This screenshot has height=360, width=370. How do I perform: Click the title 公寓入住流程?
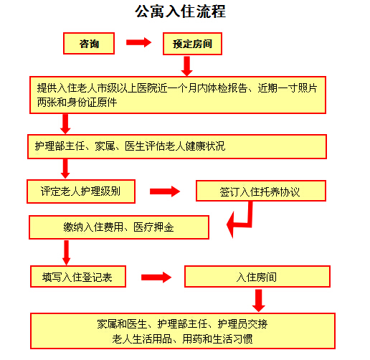coord(181,11)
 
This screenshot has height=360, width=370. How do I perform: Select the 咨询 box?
coord(89,44)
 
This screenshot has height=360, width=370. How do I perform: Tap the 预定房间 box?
coord(192,44)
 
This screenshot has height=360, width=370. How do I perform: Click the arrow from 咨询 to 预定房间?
coord(138,42)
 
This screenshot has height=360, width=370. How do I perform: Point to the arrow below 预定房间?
coord(186,66)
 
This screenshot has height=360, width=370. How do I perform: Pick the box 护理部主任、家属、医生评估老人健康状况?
coord(177,146)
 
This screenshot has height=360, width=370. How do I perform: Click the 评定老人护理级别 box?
coord(81,191)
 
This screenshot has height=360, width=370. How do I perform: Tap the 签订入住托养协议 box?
coord(261,191)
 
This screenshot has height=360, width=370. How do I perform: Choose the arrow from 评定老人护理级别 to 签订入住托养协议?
coord(165,191)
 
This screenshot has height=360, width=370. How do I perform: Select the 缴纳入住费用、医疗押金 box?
coord(119,227)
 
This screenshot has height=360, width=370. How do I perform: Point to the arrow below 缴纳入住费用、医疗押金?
coord(66,252)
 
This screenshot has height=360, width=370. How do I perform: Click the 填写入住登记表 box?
coord(78,277)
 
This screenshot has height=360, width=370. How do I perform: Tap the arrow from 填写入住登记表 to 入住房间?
coord(156,278)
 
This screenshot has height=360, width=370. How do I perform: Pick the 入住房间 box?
coord(257,277)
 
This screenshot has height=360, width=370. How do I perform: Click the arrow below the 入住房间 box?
coord(259,300)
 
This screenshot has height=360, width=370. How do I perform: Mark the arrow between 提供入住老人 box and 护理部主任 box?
coord(65,124)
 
